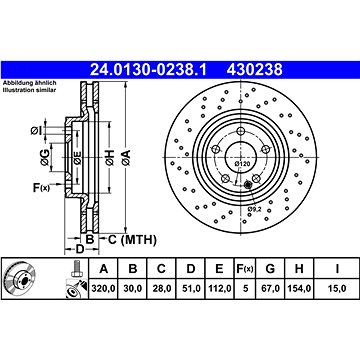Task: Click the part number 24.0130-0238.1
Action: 148,70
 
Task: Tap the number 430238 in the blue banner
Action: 255,70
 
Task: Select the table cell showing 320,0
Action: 103,289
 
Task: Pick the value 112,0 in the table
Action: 219,289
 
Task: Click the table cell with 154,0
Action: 299,289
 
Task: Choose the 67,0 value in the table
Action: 270,289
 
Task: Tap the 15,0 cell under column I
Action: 337,289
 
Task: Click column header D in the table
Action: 191,268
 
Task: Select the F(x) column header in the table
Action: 246,268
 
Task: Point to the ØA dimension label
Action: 126,158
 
